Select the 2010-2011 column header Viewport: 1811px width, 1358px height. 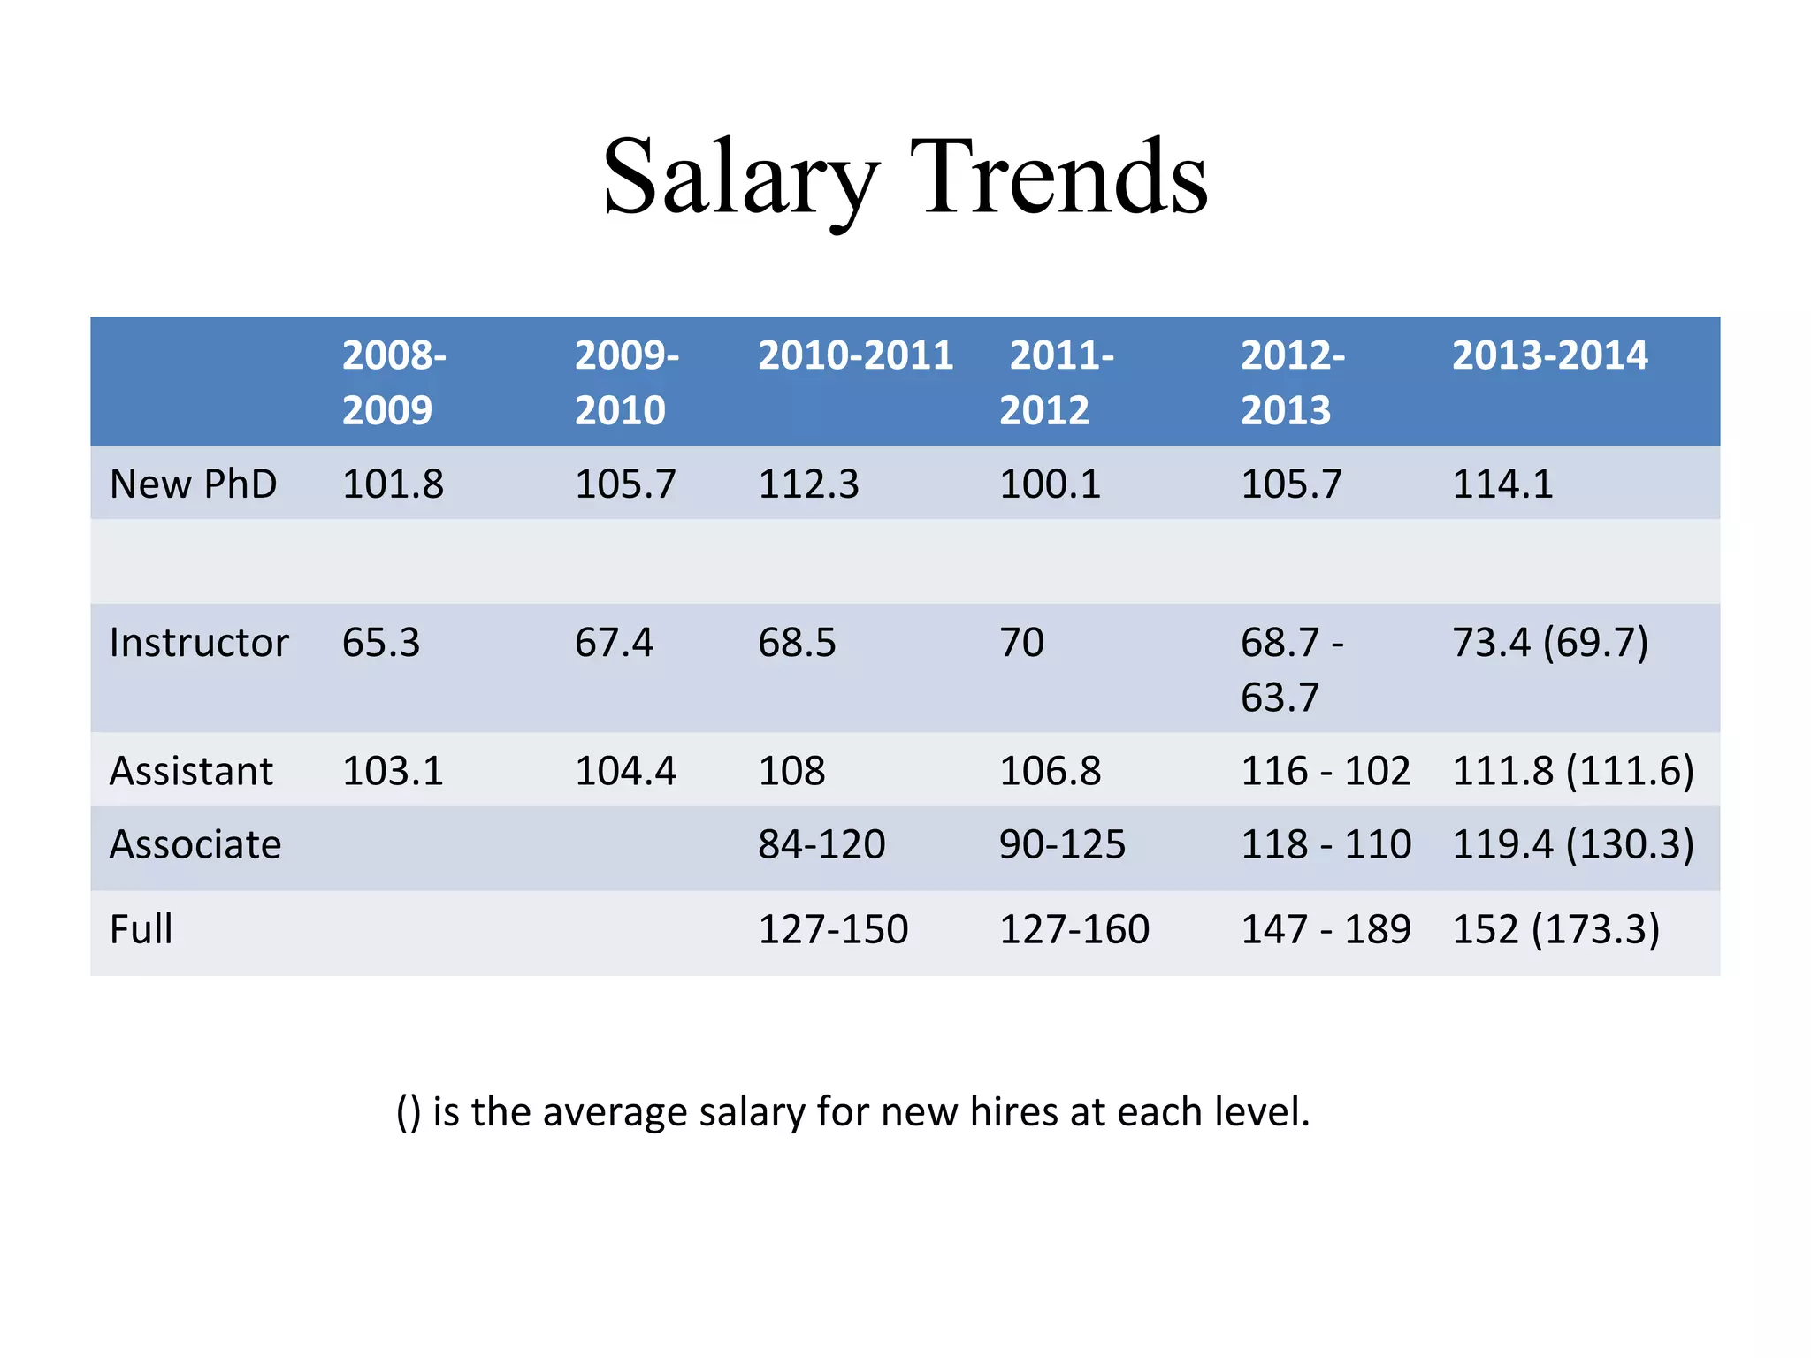[x=855, y=355]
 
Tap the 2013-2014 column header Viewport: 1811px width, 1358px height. [x=1549, y=355]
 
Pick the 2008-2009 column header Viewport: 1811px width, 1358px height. [x=394, y=382]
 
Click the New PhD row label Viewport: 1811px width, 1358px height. [x=193, y=484]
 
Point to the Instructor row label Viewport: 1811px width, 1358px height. [x=199, y=643]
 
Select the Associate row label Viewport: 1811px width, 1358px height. [x=195, y=845]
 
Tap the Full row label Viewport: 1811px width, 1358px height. [x=141, y=930]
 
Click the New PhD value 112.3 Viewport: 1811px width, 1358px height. [x=808, y=484]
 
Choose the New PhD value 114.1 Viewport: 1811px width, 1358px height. [x=1502, y=484]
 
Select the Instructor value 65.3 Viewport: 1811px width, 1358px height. [x=381, y=643]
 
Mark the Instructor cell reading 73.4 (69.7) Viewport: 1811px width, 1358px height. [x=1550, y=643]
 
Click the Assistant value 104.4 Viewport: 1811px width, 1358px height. [x=625, y=771]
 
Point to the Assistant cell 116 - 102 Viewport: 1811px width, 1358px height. [x=1326, y=771]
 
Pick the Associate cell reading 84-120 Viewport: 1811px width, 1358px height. [x=821, y=845]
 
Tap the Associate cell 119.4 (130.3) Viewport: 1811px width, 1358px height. [x=1573, y=845]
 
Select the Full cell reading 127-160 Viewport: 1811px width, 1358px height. [x=1074, y=930]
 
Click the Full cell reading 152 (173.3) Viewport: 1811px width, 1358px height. [x=1556, y=930]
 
